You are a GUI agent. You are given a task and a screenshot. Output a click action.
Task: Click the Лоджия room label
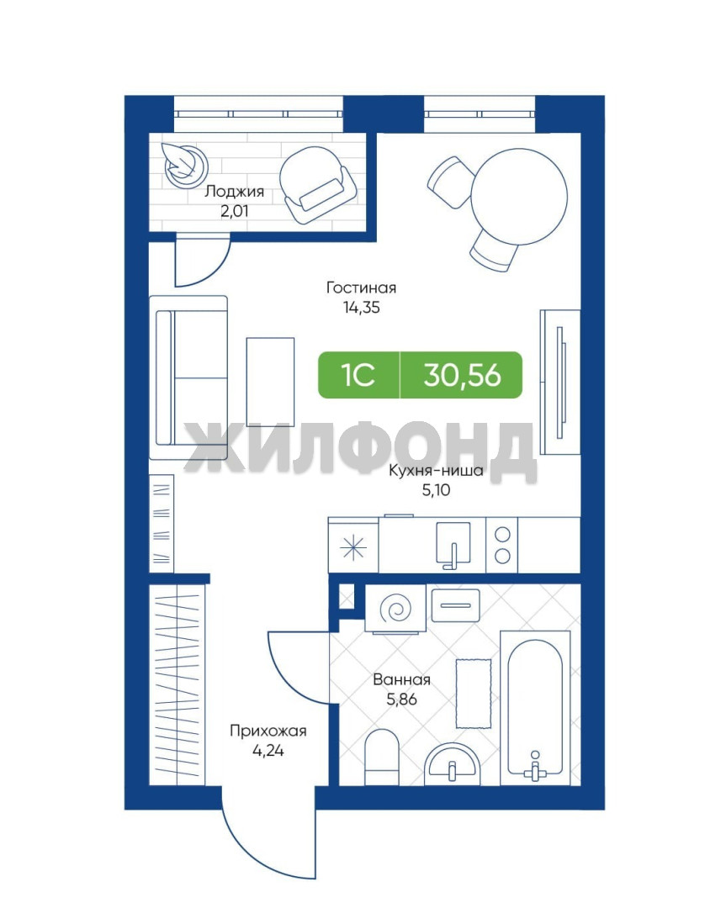pos(234,192)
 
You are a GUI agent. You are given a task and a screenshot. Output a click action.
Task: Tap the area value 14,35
pos(361,308)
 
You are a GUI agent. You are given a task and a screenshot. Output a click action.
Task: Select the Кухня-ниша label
pos(436,470)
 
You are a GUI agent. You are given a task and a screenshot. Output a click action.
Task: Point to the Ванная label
pos(401,679)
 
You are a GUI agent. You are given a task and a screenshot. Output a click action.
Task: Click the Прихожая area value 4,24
pos(268,751)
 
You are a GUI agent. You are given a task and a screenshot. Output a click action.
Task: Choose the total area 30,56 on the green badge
pos(462,375)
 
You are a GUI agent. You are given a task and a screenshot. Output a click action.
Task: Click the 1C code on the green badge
pos(358,375)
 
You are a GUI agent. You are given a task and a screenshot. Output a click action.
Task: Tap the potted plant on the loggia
pos(184,163)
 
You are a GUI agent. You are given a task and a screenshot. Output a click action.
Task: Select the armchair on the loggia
pos(318,184)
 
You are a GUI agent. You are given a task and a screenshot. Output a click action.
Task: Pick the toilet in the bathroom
pos(383,757)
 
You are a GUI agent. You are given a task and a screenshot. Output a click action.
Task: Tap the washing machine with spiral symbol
pos(395,609)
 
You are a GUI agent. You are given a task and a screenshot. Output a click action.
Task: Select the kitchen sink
pos(453,545)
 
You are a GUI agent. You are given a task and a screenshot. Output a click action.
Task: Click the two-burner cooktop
pos(502,545)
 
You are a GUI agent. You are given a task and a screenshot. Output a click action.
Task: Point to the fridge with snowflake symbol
pos(353,546)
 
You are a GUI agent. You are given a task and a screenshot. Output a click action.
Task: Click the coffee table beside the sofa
pos(270,382)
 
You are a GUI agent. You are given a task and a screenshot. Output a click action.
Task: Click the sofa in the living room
pos(188,377)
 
